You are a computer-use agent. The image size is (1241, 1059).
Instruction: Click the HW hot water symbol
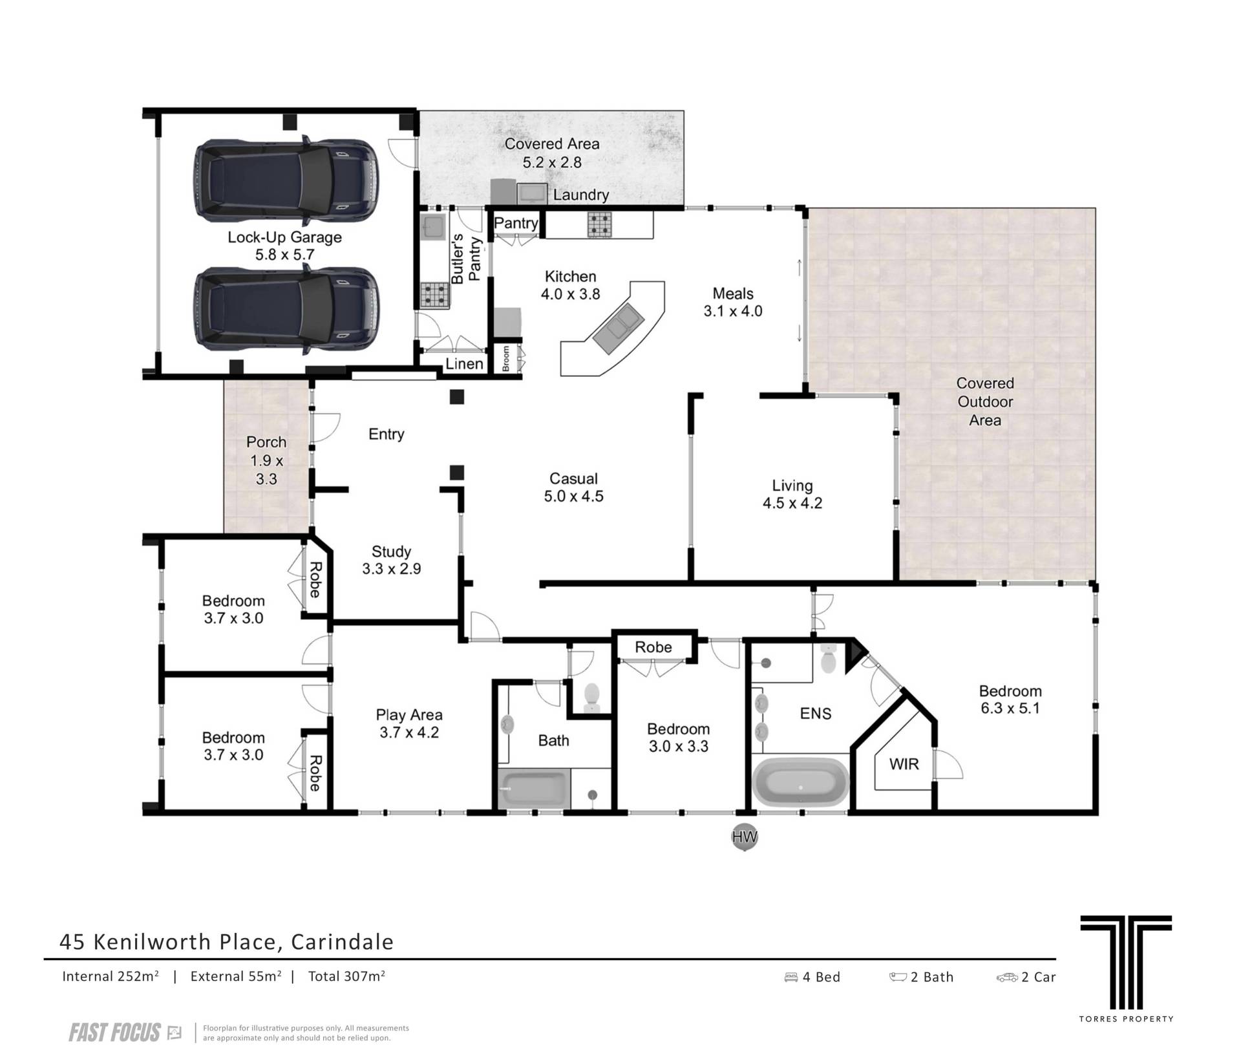pos(744,837)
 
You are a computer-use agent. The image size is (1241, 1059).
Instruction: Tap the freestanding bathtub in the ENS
pos(800,782)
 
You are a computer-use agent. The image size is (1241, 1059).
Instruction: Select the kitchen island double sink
pos(615,328)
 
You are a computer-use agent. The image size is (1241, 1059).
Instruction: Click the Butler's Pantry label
pos(467,259)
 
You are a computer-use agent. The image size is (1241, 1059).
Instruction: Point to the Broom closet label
pos(506,359)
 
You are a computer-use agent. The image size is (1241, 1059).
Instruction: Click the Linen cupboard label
pos(464,364)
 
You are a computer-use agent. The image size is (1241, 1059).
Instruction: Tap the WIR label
pos(904,764)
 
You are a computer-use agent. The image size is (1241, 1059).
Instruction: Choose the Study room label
pos(391,551)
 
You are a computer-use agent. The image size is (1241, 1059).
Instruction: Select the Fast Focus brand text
pos(114,1032)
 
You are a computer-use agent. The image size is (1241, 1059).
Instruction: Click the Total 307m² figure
pos(346,976)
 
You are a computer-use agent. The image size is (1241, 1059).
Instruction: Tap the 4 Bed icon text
pos(812,977)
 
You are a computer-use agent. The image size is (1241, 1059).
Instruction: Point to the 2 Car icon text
pos(1026,977)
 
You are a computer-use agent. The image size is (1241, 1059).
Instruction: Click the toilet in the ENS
pos(828,658)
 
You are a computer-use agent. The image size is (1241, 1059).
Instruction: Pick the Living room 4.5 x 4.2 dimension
pos(792,503)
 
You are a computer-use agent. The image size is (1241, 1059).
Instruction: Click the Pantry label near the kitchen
pos(516,223)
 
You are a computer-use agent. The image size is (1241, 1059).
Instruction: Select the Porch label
pos(266,442)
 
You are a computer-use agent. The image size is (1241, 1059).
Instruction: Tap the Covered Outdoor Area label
pos(985,401)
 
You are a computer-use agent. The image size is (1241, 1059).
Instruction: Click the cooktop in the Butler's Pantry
pos(431,295)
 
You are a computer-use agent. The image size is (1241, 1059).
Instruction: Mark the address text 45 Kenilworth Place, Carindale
pos(226,942)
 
